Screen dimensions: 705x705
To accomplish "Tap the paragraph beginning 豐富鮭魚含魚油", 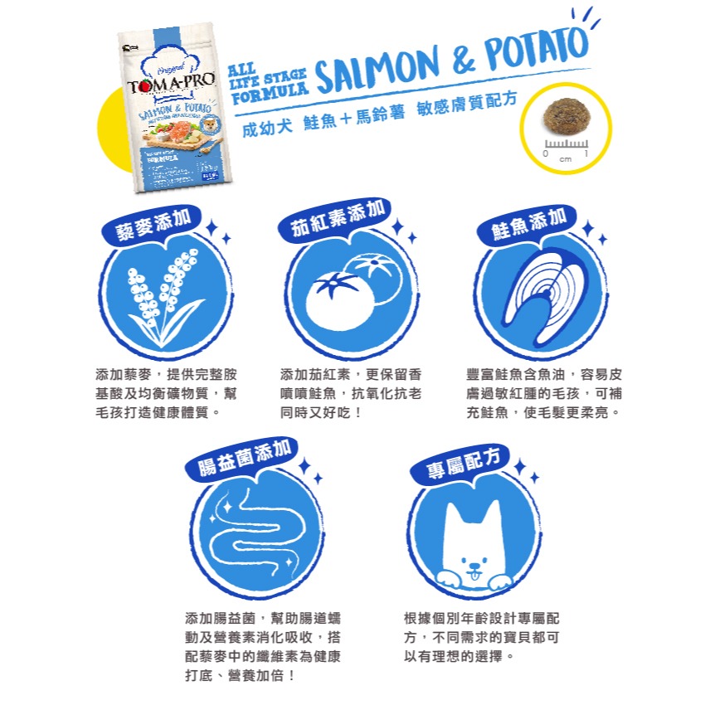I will tap(544, 392).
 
